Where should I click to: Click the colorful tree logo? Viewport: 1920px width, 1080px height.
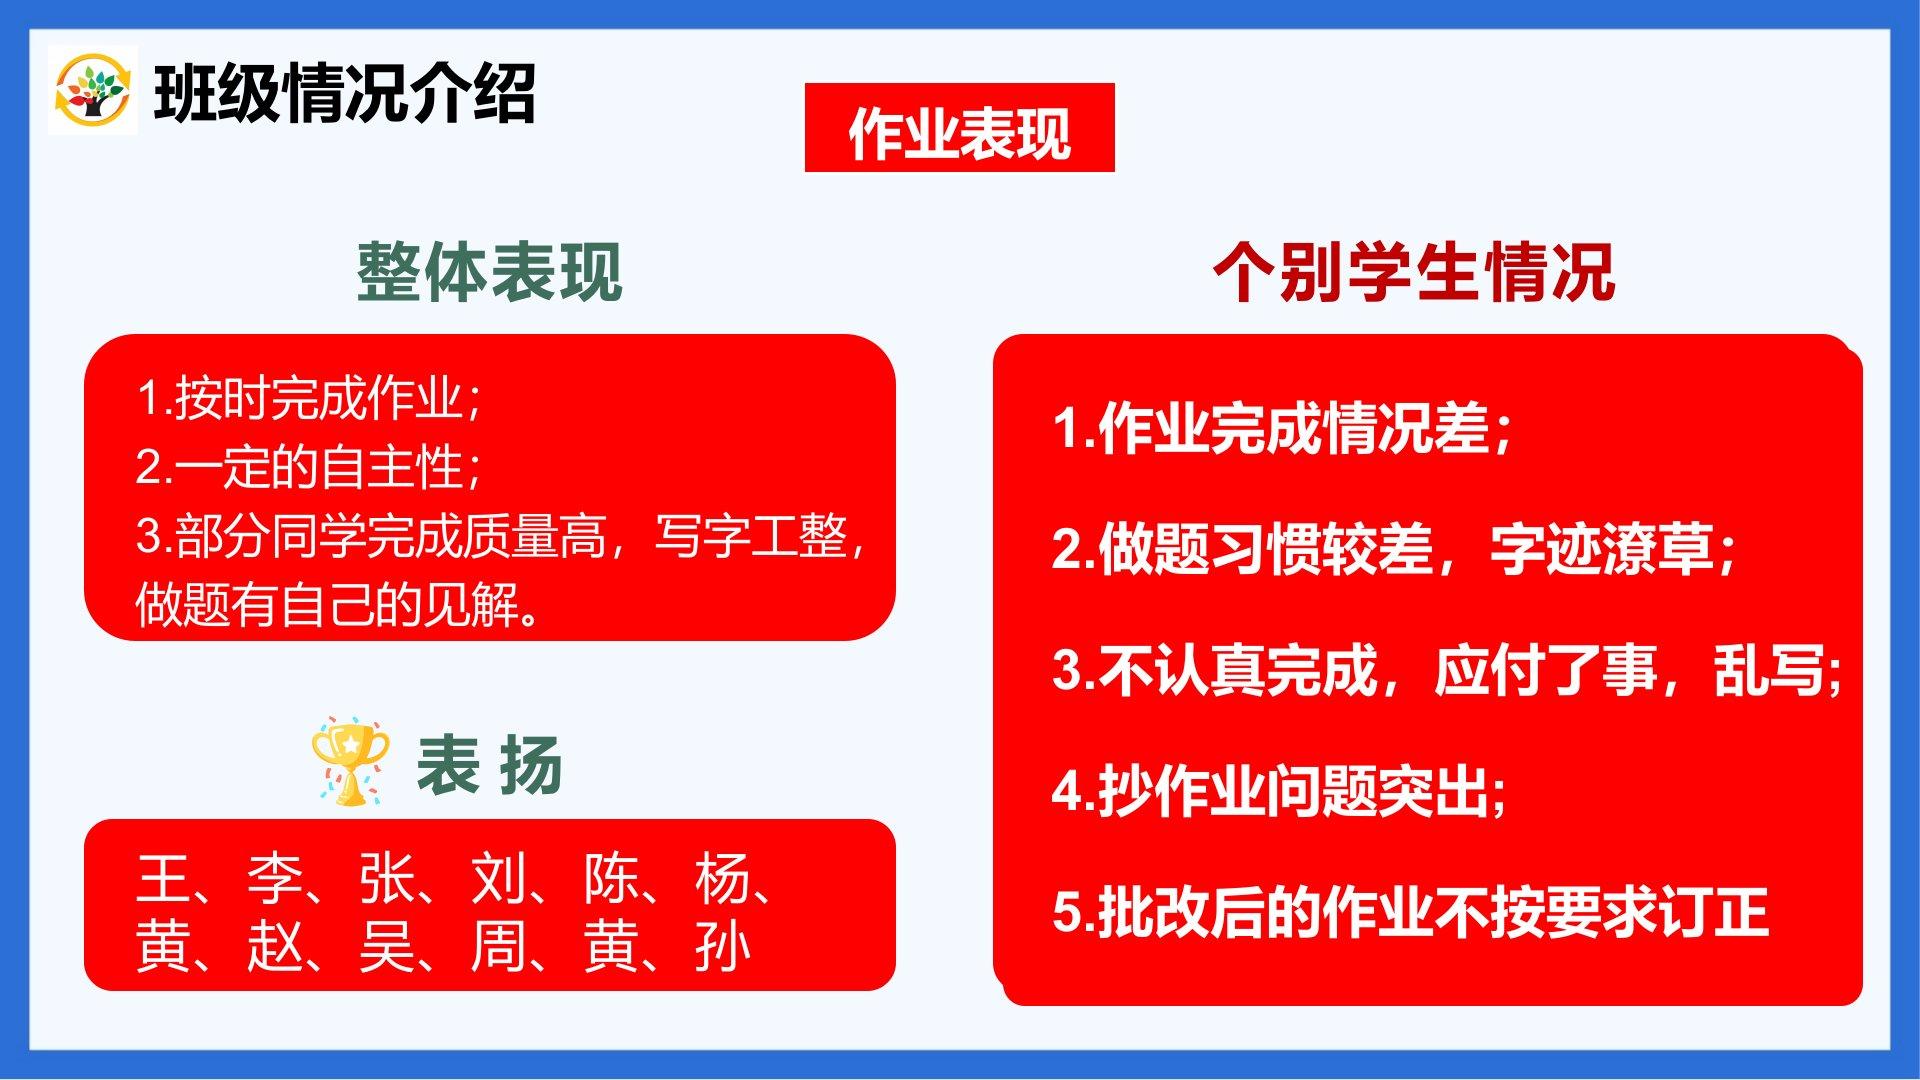[92, 90]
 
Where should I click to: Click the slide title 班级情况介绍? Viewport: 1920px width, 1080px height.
[345, 94]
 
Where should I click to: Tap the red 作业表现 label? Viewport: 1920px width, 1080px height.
[959, 128]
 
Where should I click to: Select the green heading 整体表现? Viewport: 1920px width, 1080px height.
[490, 272]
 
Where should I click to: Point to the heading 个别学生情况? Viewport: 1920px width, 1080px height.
[1414, 272]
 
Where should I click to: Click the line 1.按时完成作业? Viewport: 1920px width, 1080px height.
[309, 398]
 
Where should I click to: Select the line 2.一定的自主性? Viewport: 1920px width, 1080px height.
[309, 467]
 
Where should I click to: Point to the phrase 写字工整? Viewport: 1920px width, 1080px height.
[751, 536]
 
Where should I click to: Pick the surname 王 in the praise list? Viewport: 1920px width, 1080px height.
[163, 879]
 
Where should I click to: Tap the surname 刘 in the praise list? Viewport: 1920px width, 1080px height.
[498, 879]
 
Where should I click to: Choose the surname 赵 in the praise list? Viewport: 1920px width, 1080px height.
[275, 947]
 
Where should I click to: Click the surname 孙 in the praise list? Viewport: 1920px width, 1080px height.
[722, 947]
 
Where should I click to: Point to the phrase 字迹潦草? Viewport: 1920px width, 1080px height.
[1601, 549]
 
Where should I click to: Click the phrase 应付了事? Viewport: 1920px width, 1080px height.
[1545, 670]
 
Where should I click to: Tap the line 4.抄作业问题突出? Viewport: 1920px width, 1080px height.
[1279, 791]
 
